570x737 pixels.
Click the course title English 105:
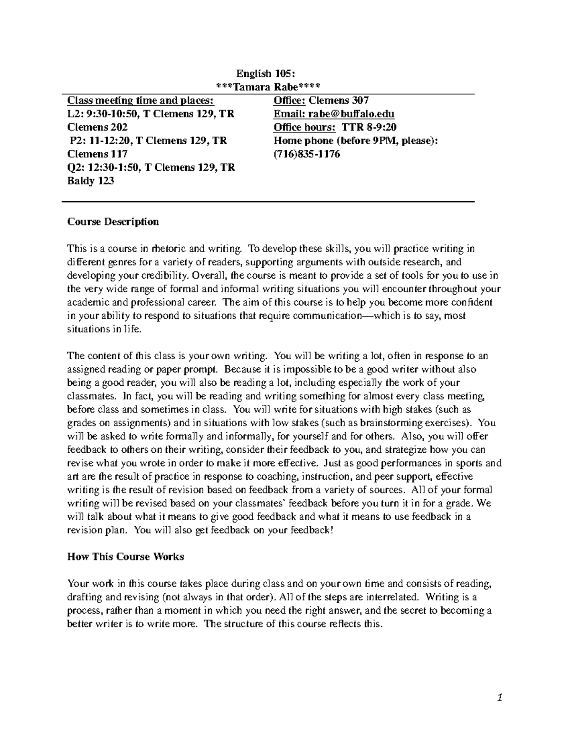(266, 73)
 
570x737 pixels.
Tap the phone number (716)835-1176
(307, 154)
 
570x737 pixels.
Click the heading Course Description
(113, 222)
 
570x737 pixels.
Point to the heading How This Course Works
(125, 557)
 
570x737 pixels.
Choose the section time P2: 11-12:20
(101, 141)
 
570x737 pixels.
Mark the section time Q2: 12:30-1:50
(103, 168)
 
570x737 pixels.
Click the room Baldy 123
(91, 181)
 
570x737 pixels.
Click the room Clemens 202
(97, 127)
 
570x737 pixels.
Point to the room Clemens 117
(97, 154)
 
